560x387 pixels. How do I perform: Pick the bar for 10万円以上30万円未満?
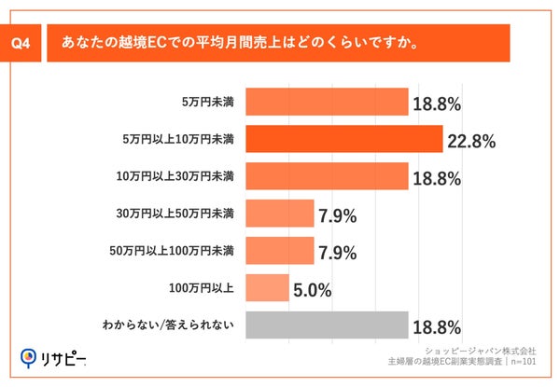pos(327,175)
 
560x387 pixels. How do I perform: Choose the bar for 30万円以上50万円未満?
pos(279,214)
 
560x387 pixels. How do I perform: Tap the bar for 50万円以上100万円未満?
pos(279,251)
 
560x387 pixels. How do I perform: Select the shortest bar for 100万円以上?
pos(267,288)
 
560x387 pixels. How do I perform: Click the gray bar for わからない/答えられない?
pos(327,325)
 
